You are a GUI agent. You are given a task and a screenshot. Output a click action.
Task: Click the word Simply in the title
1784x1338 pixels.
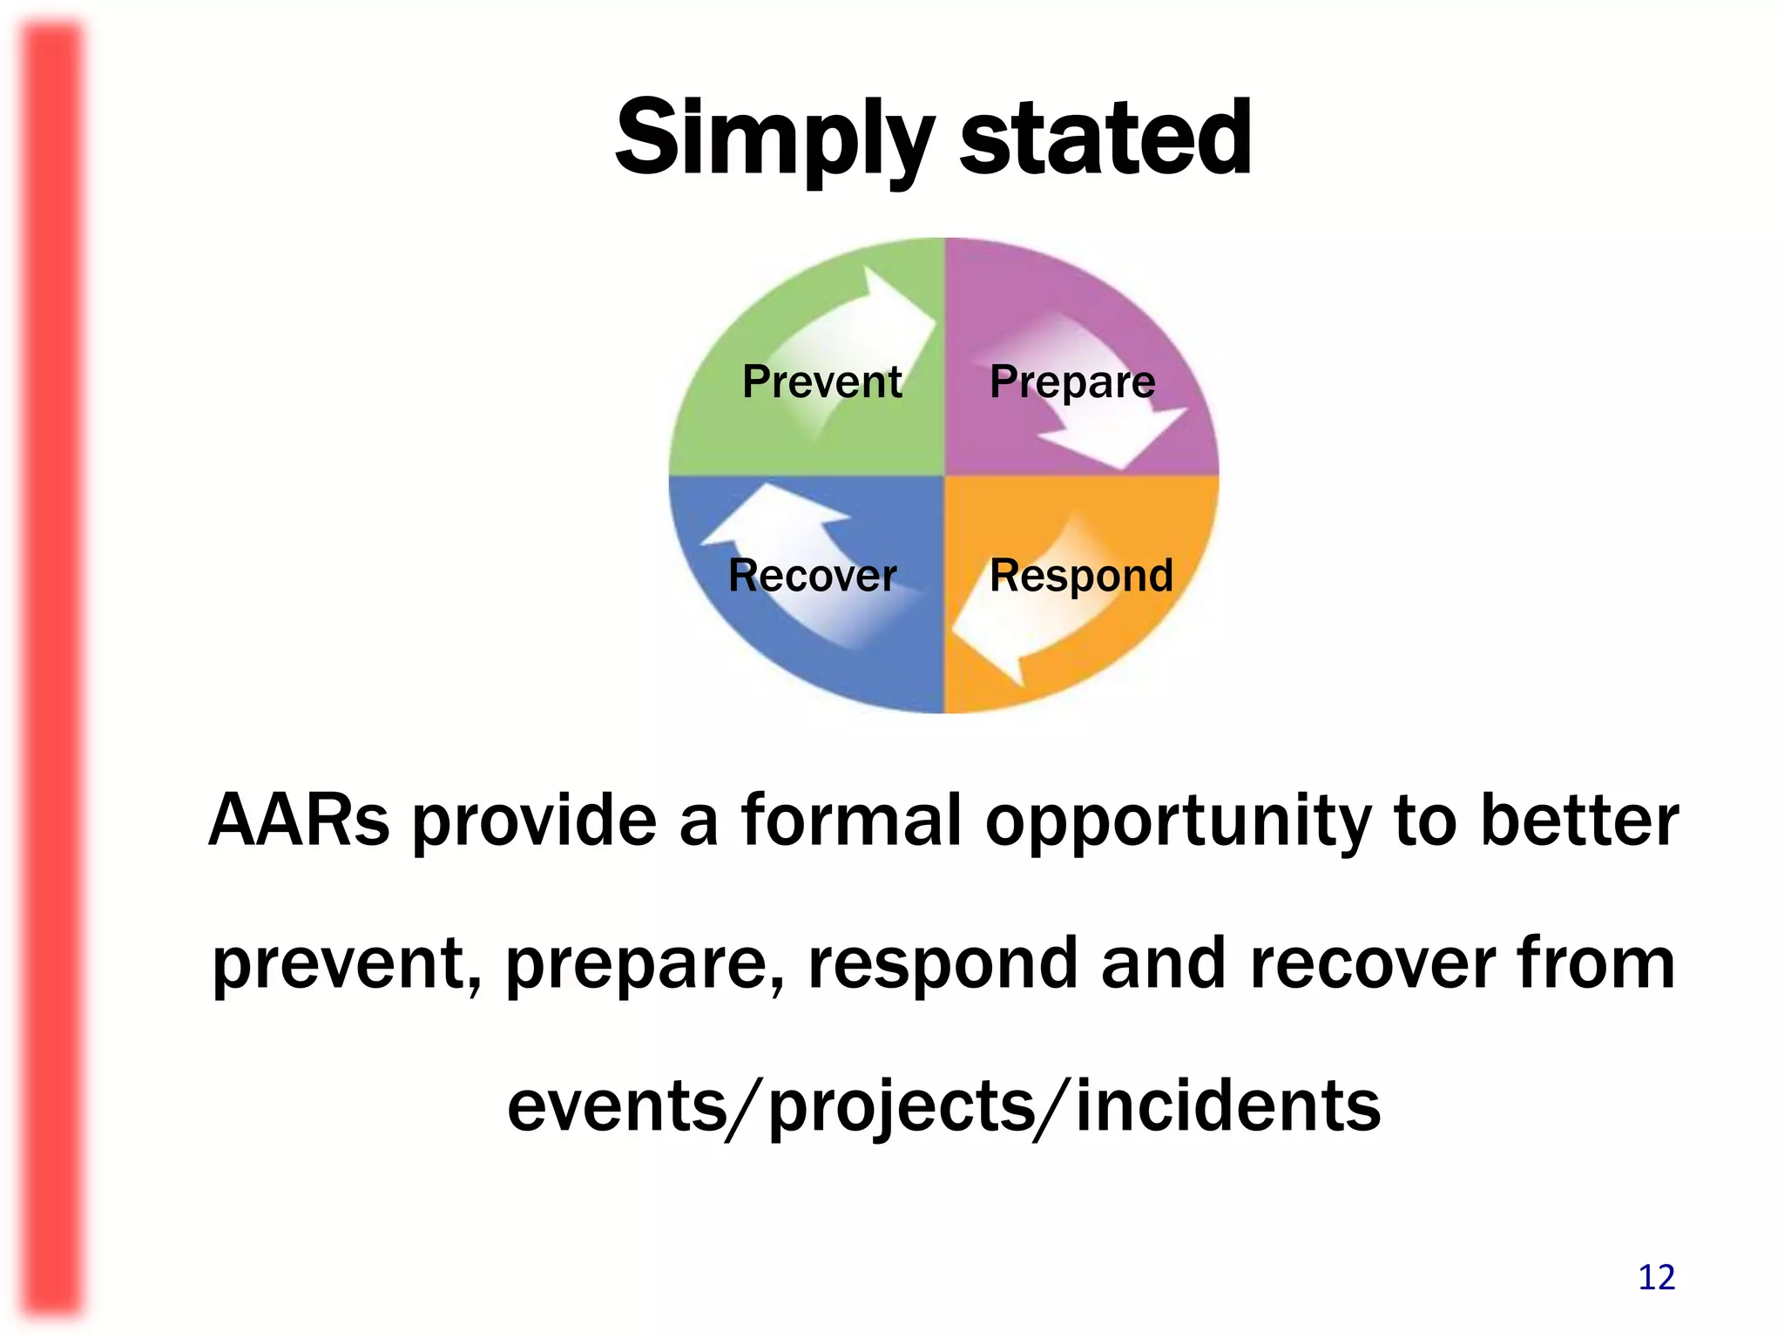pos(774,139)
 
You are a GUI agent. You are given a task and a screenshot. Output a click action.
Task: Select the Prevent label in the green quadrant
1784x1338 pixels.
pos(821,382)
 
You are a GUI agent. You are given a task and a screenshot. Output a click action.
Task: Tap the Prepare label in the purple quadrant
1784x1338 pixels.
pos(1072,382)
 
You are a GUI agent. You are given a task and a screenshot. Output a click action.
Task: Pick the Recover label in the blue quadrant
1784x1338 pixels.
pos(812,575)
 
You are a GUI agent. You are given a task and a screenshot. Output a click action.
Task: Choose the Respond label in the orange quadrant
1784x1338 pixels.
pos(1081,575)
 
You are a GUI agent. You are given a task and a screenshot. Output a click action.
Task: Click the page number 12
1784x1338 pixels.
pos(1656,1278)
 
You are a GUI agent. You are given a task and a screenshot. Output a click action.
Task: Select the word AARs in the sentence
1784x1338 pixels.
pos(299,821)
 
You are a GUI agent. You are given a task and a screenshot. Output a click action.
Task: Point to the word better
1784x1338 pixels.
pos(1578,821)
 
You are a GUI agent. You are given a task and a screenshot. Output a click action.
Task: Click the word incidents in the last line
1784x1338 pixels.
pos(1228,1105)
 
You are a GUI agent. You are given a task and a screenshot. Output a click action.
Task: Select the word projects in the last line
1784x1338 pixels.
pos(902,1105)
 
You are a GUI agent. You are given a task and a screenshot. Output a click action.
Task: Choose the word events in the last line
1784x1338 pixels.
pos(617,1105)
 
